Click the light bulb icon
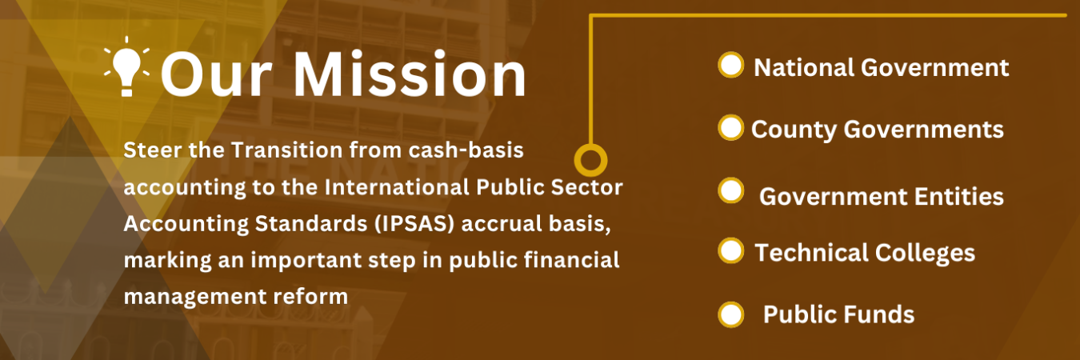(x=127, y=67)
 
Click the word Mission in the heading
(x=410, y=74)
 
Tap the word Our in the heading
(x=217, y=74)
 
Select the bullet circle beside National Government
(x=731, y=65)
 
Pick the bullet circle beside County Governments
(x=731, y=128)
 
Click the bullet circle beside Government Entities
(x=731, y=190)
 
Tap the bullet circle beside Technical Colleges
(x=731, y=250)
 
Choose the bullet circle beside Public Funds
(x=731, y=314)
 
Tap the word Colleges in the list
(x=925, y=254)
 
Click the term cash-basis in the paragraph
(x=466, y=150)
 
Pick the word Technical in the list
(x=810, y=253)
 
